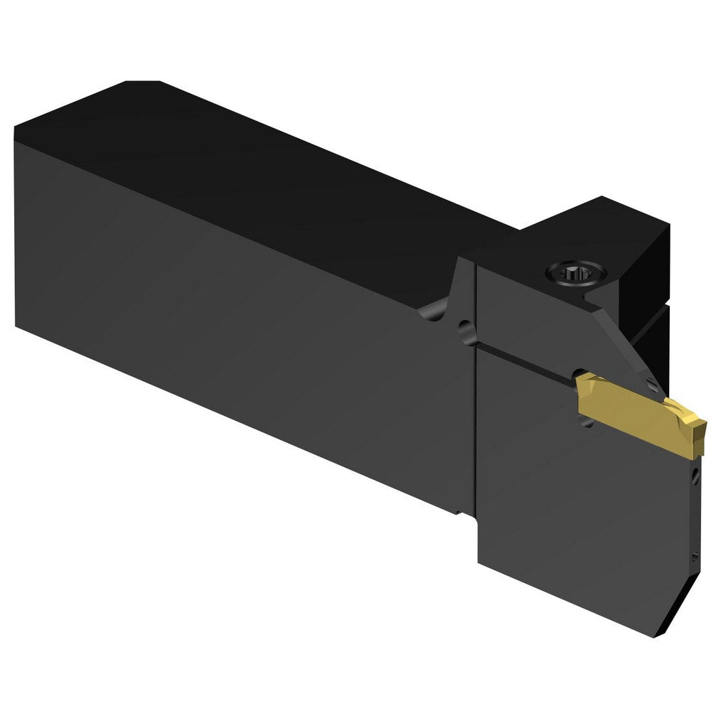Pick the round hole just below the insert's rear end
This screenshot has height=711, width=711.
pos(586,421)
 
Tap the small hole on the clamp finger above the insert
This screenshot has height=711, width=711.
pos(652,385)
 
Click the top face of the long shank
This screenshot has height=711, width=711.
pos(270,178)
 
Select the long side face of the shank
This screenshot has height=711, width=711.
pos(235,313)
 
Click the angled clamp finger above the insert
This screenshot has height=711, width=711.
pos(626,341)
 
